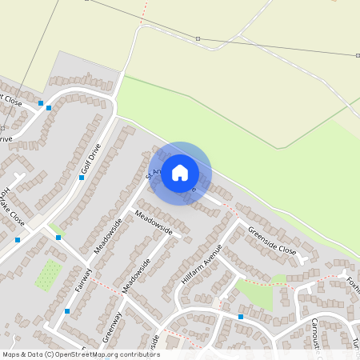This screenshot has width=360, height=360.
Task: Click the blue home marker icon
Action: [x=180, y=173]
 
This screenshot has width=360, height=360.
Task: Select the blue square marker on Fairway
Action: [x=67, y=310]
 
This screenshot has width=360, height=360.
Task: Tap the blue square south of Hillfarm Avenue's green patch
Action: [x=240, y=317]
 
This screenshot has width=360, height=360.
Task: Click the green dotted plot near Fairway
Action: [x=48, y=274]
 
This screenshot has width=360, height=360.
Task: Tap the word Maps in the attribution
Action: [x=13, y=354]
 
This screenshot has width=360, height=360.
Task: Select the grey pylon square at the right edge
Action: [x=358, y=55]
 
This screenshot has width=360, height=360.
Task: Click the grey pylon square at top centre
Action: [x=198, y=38]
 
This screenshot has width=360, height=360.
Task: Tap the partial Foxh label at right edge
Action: [x=352, y=286]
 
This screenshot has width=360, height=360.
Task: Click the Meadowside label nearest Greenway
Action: [x=136, y=278]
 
